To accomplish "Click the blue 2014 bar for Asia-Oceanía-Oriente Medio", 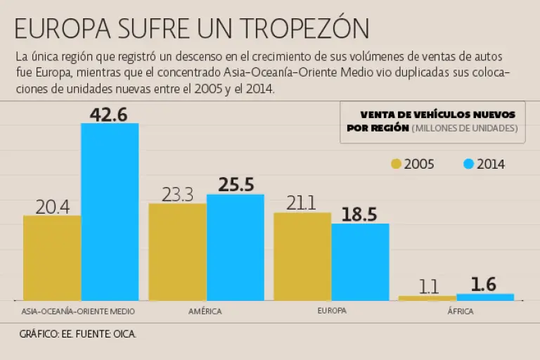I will pyautogui.click(x=110, y=211).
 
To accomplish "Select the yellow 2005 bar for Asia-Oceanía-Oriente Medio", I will pyautogui.click(x=52, y=257).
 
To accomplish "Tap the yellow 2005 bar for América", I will pyautogui.click(x=177, y=252).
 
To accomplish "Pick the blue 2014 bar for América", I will pyautogui.click(x=235, y=247).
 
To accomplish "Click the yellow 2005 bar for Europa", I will pyautogui.click(x=302, y=256).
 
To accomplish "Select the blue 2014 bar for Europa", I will pyautogui.click(x=360, y=262).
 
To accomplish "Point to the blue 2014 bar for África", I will pyautogui.click(x=485, y=297).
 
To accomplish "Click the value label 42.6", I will pyautogui.click(x=109, y=114).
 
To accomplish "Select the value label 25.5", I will pyautogui.click(x=236, y=185).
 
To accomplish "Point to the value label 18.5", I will pyautogui.click(x=360, y=214).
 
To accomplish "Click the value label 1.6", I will pyautogui.click(x=484, y=284).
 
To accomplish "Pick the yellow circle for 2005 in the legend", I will pyautogui.click(x=396, y=165).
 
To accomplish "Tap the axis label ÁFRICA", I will pyautogui.click(x=461, y=311).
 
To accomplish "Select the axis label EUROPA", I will pyautogui.click(x=331, y=310).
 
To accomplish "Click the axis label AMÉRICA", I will pyautogui.click(x=205, y=311).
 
